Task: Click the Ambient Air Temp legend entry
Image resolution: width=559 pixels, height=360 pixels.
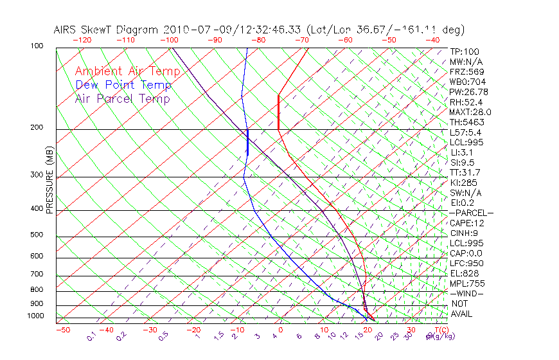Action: tap(127, 71)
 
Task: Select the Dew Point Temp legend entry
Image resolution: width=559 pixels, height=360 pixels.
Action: tap(123, 85)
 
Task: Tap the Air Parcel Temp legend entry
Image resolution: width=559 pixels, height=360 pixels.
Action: tap(123, 99)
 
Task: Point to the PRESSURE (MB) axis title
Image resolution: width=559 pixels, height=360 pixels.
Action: tap(50, 180)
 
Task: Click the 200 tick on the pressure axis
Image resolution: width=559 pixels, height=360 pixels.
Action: tap(37, 128)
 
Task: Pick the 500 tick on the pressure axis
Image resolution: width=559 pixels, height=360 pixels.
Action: tap(37, 235)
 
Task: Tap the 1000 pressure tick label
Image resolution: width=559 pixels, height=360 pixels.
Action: tap(35, 316)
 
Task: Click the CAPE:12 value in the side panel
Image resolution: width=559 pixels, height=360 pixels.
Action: tap(466, 223)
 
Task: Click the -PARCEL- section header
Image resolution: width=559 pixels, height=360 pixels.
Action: tap(471, 213)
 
